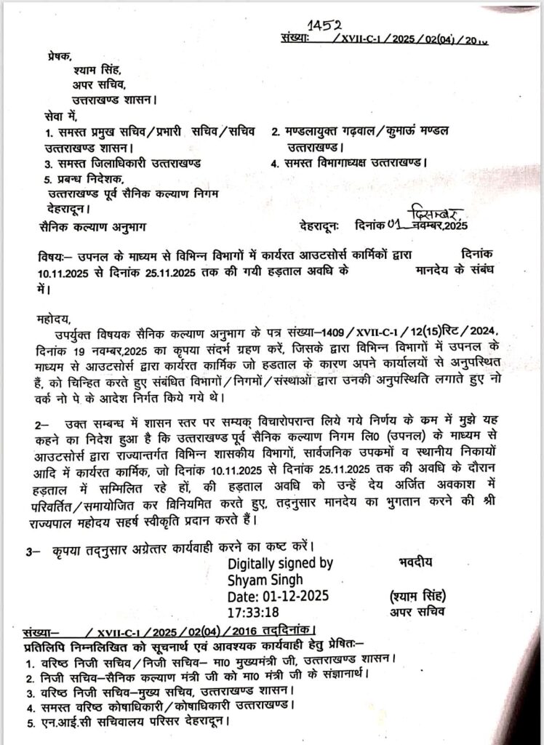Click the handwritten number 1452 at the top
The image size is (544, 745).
point(322,27)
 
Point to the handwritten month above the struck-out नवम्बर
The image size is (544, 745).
point(434,213)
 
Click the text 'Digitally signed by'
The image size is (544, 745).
point(280,563)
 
